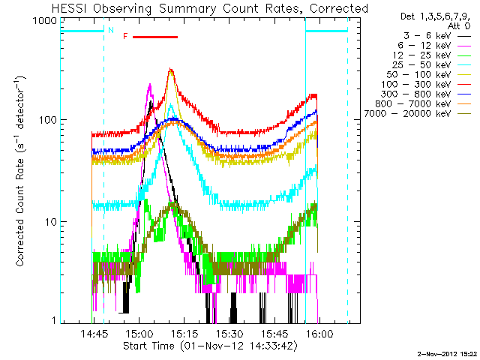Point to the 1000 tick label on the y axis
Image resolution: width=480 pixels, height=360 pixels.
[44, 21]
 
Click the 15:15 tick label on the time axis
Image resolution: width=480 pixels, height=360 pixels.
[184, 334]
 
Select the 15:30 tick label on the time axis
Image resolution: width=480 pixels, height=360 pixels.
[229, 334]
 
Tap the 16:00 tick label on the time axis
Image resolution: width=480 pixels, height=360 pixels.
[319, 334]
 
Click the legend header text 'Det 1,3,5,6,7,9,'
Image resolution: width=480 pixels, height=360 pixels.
[430, 16]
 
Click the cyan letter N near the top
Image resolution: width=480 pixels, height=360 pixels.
[111, 31]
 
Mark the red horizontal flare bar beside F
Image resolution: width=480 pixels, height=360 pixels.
[154, 36]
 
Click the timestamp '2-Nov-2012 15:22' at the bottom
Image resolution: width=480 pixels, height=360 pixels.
[447, 352]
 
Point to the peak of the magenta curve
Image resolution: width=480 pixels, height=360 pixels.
[150, 85]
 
